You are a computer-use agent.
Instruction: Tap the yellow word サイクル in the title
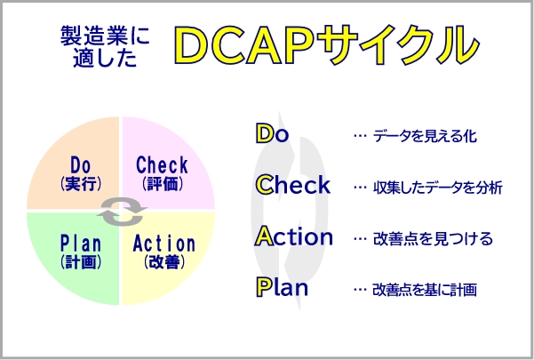(x=397, y=44)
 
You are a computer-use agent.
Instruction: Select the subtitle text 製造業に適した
(x=105, y=46)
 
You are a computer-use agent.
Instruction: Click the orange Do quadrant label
(x=81, y=165)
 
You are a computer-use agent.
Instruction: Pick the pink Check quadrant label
(x=162, y=164)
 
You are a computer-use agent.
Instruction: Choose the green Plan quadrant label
(x=81, y=244)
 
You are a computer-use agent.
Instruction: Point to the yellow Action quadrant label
(x=164, y=244)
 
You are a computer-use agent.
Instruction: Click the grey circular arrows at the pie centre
(x=122, y=212)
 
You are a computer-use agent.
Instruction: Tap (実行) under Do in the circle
(x=81, y=184)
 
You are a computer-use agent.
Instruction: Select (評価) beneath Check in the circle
(x=163, y=184)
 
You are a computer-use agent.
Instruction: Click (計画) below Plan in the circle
(x=81, y=262)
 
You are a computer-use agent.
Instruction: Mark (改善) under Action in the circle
(x=164, y=262)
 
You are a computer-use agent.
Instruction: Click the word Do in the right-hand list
(x=272, y=133)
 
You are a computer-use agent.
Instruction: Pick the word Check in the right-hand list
(x=293, y=184)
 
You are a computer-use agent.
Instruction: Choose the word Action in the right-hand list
(x=294, y=236)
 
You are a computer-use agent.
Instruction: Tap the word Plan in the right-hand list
(x=282, y=287)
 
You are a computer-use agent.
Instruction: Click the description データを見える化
(x=425, y=135)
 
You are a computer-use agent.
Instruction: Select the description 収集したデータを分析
(x=438, y=188)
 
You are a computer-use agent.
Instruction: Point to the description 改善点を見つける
(x=433, y=238)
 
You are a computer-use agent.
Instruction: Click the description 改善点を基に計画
(x=425, y=290)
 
